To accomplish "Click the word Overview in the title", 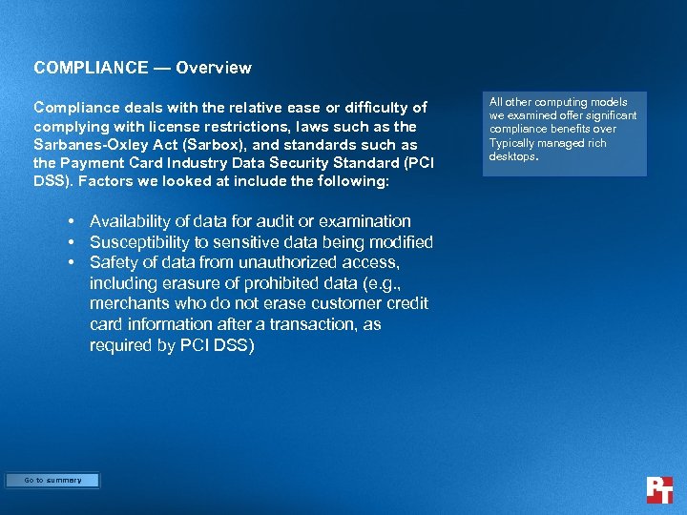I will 214,68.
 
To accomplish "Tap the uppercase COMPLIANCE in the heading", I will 91,68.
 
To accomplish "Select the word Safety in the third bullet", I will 114,262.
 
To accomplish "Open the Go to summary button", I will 52,481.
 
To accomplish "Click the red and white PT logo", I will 658,489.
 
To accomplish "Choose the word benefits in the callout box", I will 572,129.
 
